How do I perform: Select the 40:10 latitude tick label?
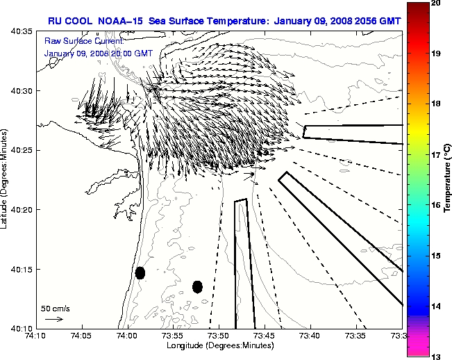click(x=23, y=327)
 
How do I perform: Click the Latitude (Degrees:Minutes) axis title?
click(x=6, y=179)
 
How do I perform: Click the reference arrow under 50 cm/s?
click(x=53, y=319)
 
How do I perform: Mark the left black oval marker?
click(x=140, y=272)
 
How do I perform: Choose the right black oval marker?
click(x=197, y=286)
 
